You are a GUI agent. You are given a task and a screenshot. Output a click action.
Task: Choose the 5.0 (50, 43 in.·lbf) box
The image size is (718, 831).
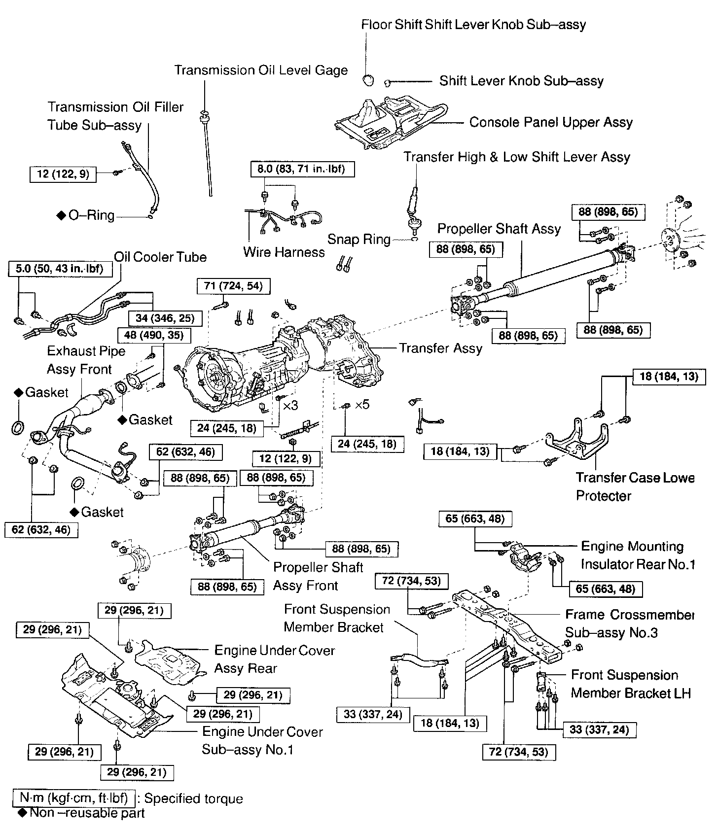(x=61, y=269)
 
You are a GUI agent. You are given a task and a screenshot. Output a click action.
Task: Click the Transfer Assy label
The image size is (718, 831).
(x=440, y=348)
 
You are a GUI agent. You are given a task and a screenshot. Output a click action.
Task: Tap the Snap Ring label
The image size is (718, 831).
(x=359, y=240)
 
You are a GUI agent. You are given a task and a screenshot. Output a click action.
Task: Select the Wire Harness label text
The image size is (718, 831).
(x=284, y=252)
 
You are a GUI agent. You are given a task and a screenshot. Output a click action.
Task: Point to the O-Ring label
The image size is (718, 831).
(x=91, y=215)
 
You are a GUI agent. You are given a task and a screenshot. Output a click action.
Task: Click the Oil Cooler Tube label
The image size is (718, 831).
(x=160, y=257)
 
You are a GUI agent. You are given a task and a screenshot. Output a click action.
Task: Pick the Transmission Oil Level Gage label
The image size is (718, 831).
(x=261, y=70)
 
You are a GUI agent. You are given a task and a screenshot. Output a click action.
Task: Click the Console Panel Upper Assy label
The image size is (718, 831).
(x=551, y=122)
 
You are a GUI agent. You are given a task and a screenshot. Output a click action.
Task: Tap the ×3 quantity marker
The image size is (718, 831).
(x=290, y=405)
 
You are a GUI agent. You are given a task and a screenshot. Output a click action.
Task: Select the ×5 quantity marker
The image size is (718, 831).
(x=362, y=405)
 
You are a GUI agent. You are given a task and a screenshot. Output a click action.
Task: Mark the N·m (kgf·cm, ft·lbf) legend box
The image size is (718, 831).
(x=73, y=798)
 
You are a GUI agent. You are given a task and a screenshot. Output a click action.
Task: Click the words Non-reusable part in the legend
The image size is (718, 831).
(x=87, y=813)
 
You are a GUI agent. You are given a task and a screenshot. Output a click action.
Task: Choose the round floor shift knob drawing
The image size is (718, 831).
(x=368, y=79)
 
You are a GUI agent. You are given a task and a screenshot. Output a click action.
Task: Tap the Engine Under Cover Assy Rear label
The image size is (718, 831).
(x=274, y=659)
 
